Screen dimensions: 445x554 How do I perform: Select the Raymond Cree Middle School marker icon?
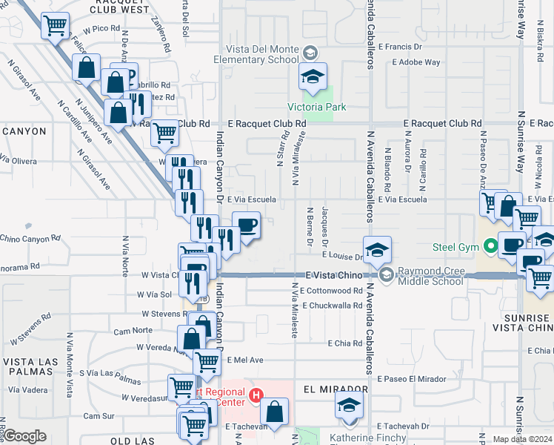(386, 275)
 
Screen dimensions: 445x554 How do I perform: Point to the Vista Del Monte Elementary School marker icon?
(310, 53)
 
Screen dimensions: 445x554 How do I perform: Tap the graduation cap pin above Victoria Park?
(313, 76)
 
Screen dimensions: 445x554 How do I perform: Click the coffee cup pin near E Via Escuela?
(247, 225)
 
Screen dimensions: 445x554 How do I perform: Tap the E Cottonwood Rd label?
(333, 290)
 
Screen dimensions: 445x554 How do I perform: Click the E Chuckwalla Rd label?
(333, 304)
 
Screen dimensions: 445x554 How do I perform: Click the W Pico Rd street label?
(101, 28)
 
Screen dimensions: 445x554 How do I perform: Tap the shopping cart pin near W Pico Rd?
(55, 26)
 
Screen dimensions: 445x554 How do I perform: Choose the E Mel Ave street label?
(245, 360)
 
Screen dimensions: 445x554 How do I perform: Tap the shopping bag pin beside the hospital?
(275, 412)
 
